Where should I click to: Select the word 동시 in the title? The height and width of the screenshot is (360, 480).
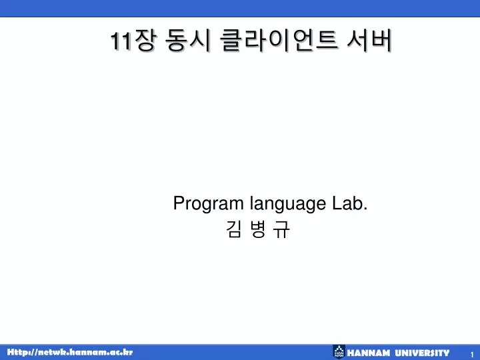click(x=187, y=41)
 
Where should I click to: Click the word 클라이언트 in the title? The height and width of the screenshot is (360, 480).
click(x=279, y=41)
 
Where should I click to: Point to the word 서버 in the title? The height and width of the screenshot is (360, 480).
click(x=369, y=41)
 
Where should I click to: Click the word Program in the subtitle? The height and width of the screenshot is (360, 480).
click(x=208, y=204)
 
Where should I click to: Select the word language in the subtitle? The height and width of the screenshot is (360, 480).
click(x=288, y=204)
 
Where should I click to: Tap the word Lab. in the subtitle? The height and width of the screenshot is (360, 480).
click(x=349, y=203)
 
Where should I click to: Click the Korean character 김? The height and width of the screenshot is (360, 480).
click(x=234, y=229)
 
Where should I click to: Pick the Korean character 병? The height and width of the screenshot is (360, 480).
click(x=257, y=229)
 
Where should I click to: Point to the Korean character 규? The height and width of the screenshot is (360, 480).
click(x=281, y=229)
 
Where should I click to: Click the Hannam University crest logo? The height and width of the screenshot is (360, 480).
click(x=339, y=351)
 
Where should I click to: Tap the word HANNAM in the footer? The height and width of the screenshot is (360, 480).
click(x=368, y=353)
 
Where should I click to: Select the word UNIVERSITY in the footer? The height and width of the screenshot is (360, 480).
click(x=422, y=353)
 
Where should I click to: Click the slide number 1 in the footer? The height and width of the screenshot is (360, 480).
click(x=472, y=354)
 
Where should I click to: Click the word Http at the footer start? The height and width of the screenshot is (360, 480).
click(x=18, y=352)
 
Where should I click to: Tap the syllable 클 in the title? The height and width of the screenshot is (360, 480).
click(x=231, y=41)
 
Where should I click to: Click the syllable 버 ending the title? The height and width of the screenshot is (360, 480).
click(x=381, y=41)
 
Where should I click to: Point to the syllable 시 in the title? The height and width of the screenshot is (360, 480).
click(x=200, y=41)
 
